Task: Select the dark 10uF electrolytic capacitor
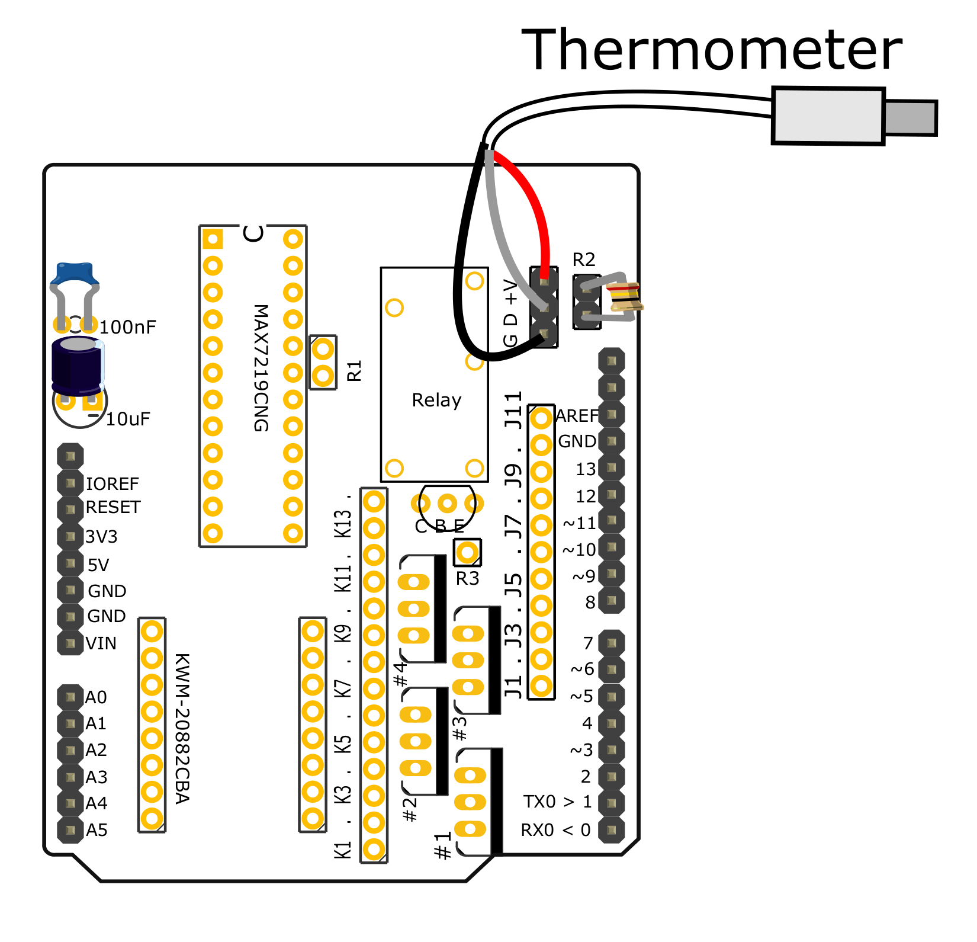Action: pos(78,366)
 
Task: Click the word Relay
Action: pos(436,400)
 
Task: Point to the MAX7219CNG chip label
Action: pos(261,368)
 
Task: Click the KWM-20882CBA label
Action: pos(182,728)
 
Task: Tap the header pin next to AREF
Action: pos(612,414)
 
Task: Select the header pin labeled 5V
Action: pos(70,563)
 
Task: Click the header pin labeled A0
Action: pos(70,697)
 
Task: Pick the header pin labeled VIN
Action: pos(70,643)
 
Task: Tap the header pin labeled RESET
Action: pos(70,509)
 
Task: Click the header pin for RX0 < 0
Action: pos(612,830)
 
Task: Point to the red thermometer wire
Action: pos(533,201)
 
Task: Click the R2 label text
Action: pos(583,259)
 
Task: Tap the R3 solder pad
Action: pos(467,553)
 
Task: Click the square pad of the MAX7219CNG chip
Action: pos(213,239)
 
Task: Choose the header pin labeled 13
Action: pos(612,468)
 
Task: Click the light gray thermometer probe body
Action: pos(828,116)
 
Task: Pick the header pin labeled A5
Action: pos(70,830)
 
